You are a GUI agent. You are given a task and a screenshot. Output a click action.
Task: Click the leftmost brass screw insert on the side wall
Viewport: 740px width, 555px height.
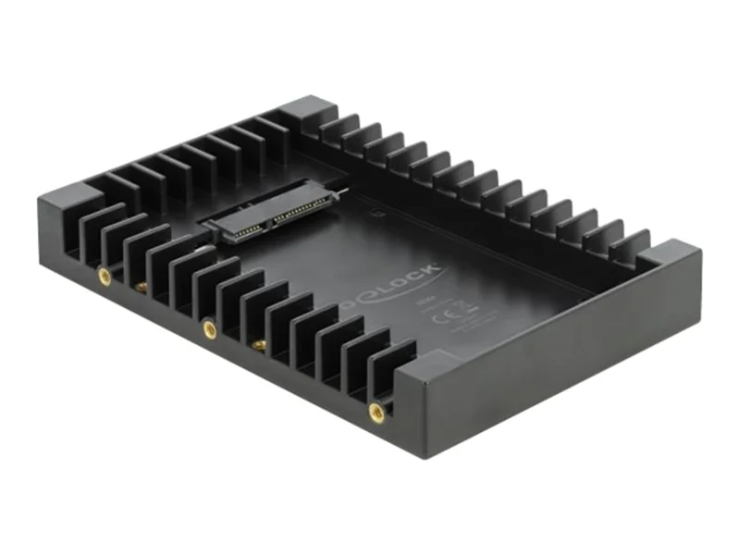tap(105, 275)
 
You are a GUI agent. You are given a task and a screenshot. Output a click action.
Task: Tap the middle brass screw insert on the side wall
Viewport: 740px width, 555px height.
tap(210, 327)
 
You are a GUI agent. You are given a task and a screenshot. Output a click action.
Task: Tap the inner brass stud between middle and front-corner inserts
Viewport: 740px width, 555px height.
tap(260, 343)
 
